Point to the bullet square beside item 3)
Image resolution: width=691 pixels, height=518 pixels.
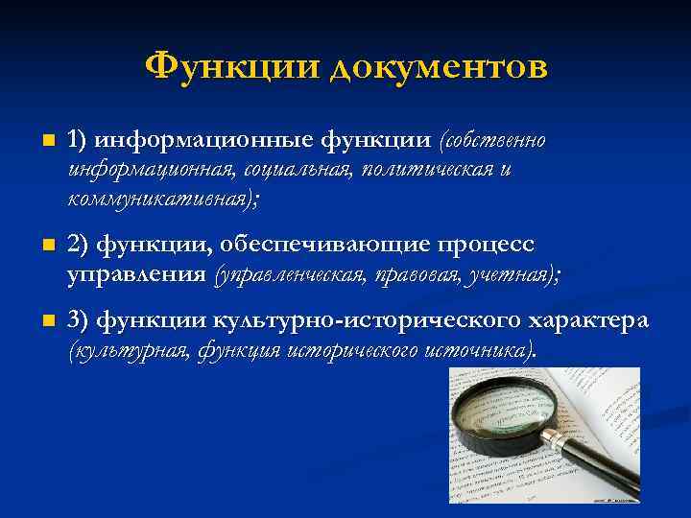[36, 320]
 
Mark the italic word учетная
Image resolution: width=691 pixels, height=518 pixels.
[508, 275]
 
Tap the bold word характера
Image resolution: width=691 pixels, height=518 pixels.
[587, 320]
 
